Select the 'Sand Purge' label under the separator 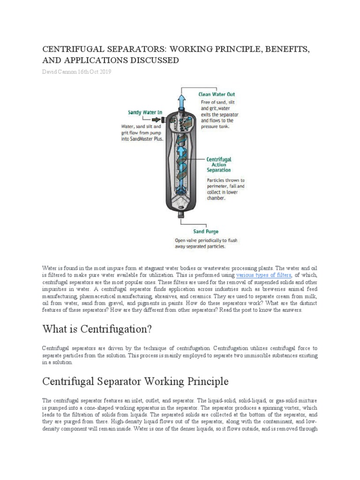pyautogui.click(x=206, y=232)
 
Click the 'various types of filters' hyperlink pyautogui.click(x=264, y=276)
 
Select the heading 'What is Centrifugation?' pyautogui.click(x=97, y=329)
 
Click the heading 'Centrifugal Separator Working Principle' pyautogui.click(x=135, y=382)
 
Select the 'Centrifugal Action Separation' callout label pyautogui.click(x=219, y=165)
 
